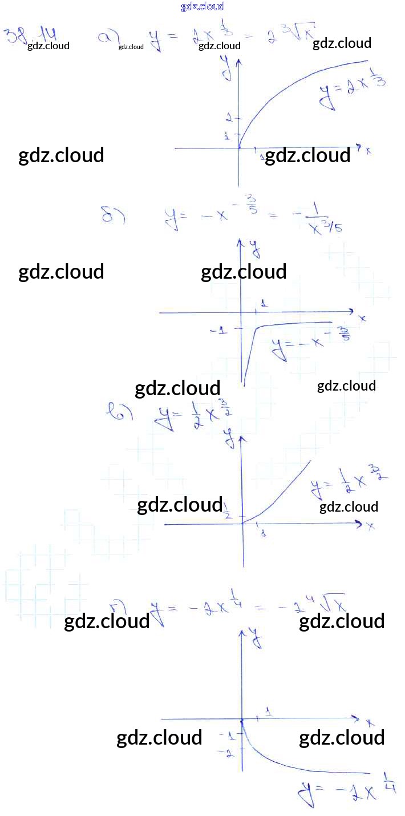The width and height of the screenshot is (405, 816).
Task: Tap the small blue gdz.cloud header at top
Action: pyautogui.click(x=202, y=6)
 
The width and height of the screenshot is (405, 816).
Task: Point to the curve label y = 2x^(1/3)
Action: pyautogui.click(x=353, y=91)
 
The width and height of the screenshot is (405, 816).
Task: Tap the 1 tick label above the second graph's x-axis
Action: pyautogui.click(x=264, y=303)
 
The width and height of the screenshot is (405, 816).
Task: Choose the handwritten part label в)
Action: pyautogui.click(x=120, y=412)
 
